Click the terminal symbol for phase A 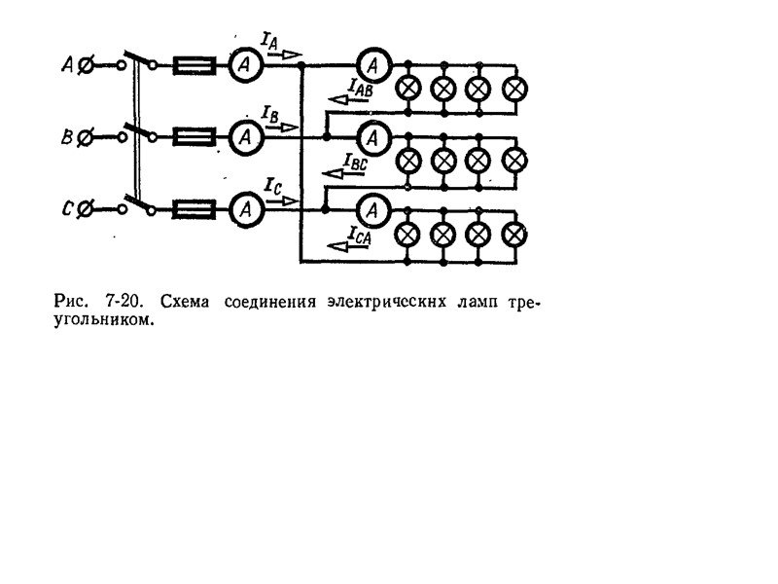[86, 65]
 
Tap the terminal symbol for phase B [86, 137]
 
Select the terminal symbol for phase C [86, 208]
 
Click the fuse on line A [195, 65]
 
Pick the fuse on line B [195, 137]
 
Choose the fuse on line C [195, 208]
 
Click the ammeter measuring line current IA [246, 65]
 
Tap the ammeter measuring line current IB [246, 137]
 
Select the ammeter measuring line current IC [246, 208]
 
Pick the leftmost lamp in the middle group [410, 160]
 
